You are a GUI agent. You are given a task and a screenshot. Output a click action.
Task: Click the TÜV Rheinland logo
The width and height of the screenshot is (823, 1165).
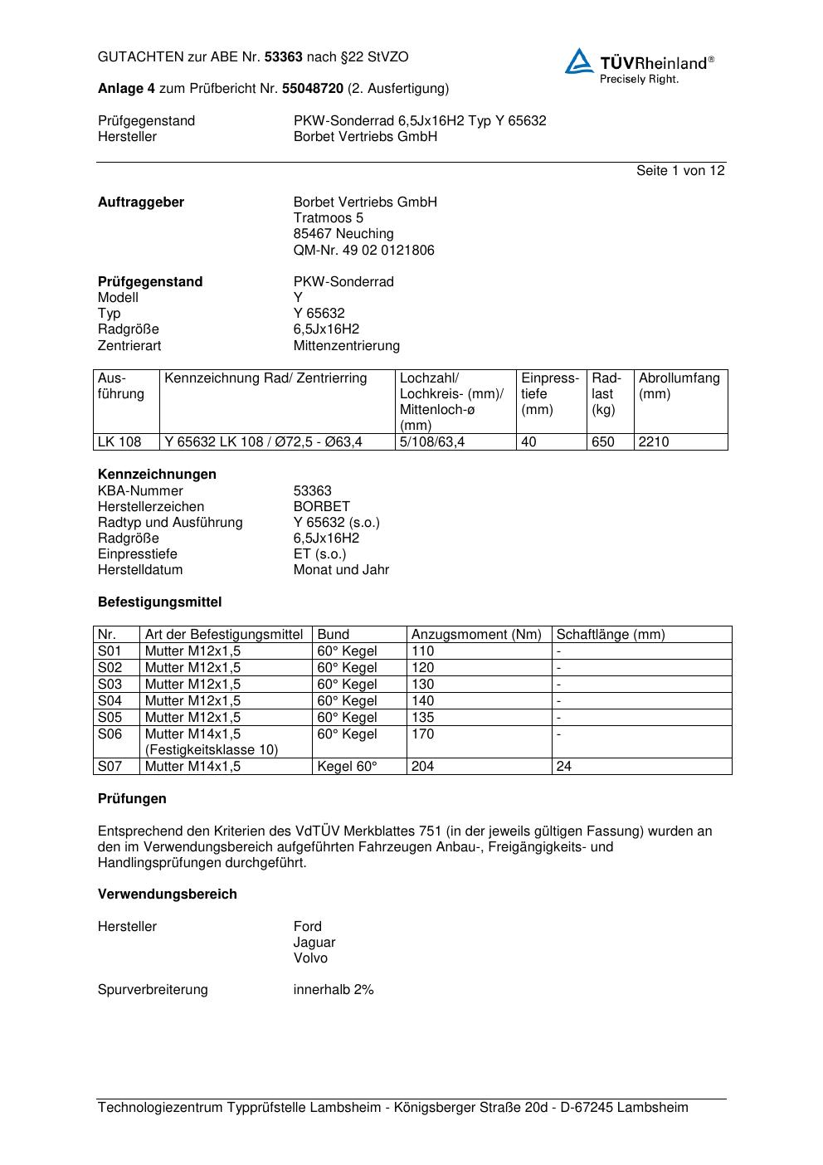click(x=639, y=66)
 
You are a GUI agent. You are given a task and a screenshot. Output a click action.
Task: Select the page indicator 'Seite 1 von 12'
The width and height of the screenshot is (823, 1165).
click(x=680, y=170)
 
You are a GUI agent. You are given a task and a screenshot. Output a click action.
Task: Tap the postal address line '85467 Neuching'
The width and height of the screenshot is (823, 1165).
click(x=343, y=234)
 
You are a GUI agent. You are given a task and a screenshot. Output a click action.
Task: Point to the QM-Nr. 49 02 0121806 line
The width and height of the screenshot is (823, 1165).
click(x=363, y=250)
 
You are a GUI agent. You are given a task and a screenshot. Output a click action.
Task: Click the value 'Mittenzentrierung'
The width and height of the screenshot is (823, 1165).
click(x=346, y=345)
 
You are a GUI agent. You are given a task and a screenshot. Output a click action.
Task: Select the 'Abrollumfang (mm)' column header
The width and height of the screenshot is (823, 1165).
click(x=679, y=386)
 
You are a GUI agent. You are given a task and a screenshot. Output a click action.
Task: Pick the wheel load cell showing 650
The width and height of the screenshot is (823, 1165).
click(x=603, y=441)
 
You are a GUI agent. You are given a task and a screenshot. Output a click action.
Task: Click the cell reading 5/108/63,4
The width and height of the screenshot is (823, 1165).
click(x=432, y=441)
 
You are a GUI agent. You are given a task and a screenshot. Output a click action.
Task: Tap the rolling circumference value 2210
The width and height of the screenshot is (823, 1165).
click(x=654, y=441)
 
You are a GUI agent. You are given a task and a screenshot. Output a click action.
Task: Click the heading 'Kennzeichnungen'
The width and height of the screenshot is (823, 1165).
click(x=157, y=474)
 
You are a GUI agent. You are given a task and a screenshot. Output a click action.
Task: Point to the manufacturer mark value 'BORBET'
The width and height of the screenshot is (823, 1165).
click(x=322, y=506)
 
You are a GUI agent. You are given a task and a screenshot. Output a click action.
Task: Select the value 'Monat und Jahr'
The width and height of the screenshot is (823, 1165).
click(x=341, y=569)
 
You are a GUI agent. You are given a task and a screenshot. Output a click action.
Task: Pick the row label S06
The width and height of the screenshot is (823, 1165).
click(x=110, y=734)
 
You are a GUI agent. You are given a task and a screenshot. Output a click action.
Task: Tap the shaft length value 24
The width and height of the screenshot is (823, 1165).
click(x=564, y=766)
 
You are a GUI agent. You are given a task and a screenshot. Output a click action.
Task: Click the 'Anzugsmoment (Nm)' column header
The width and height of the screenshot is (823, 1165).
click(x=476, y=634)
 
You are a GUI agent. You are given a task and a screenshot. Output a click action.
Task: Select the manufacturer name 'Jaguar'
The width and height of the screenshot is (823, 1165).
click(x=314, y=942)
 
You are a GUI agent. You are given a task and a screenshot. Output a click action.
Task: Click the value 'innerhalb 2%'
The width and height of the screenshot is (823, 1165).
click(x=334, y=989)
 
